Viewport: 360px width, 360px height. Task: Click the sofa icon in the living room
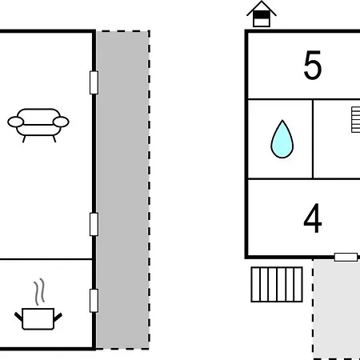click(x=38, y=125)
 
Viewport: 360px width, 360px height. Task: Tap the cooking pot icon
click(x=38, y=318)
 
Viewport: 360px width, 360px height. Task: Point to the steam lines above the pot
click(x=39, y=292)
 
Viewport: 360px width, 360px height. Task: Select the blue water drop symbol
click(x=282, y=139)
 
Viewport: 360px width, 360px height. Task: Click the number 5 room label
click(x=313, y=65)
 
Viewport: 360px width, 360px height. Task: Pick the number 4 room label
click(x=313, y=218)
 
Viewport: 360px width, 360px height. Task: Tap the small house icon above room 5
click(x=262, y=14)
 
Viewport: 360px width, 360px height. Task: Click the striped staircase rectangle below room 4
click(x=277, y=284)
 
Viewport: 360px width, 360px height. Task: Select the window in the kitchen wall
click(x=94, y=301)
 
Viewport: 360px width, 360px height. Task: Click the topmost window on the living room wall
click(x=94, y=82)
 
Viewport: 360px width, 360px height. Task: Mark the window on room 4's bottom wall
click(x=346, y=257)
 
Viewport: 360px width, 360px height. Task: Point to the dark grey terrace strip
click(x=122, y=190)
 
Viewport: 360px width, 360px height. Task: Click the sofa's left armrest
click(x=16, y=122)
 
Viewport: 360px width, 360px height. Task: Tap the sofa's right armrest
click(x=61, y=122)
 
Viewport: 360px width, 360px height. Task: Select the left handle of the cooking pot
click(x=18, y=317)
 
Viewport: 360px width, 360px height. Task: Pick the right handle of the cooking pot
click(x=58, y=317)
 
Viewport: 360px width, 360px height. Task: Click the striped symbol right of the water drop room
click(x=356, y=120)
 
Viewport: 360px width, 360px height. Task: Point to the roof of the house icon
click(x=262, y=8)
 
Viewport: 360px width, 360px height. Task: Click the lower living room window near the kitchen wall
click(x=94, y=224)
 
